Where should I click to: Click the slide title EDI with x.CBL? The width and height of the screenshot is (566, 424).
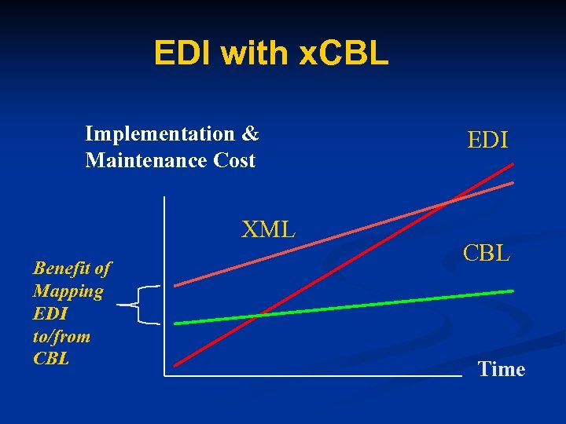coord(270,53)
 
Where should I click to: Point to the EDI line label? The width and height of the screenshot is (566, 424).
coord(487,141)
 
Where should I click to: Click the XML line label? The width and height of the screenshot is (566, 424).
coord(268,229)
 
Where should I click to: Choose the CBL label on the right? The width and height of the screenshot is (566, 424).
coord(487,254)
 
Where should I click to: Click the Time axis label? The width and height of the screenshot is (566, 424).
coord(501,369)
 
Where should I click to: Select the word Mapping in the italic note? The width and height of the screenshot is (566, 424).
coord(68,291)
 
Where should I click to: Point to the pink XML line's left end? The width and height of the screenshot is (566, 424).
coord(176,284)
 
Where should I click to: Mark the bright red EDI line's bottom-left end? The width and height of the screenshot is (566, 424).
coord(176,364)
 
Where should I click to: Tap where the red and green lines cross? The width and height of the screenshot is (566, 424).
coord(256,316)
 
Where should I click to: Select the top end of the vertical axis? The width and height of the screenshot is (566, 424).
coord(165,199)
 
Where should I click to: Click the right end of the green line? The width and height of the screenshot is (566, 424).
coord(512,291)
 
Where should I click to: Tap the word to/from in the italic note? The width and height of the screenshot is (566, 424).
coord(62,337)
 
